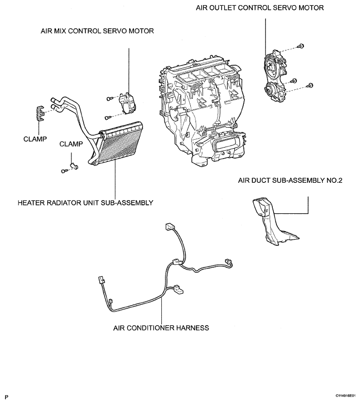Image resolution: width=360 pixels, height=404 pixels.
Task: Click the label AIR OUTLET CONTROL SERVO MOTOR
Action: click(260, 8)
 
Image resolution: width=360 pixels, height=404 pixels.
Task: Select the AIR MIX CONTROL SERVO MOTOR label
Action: click(97, 31)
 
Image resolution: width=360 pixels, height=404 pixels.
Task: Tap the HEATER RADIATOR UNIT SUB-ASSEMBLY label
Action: click(85, 203)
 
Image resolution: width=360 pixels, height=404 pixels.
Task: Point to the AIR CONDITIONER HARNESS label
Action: click(161, 328)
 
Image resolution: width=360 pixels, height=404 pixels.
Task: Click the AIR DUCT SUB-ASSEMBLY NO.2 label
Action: click(290, 180)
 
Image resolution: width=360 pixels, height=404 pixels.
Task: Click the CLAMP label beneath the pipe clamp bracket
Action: click(35, 139)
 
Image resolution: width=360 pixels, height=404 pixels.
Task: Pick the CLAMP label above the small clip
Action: click(71, 144)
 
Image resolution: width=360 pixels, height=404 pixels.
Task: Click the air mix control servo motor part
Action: click(127, 103)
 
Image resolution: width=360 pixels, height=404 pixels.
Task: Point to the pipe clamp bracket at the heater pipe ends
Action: click(40, 113)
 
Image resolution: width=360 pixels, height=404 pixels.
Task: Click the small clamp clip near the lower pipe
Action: click(74, 167)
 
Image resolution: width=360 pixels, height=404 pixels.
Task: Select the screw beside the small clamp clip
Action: click(64, 171)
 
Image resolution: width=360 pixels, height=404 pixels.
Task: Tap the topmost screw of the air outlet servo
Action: click(301, 46)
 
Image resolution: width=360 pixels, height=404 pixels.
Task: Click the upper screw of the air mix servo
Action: click(109, 98)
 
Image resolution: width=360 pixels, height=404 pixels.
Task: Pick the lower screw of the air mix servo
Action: click(108, 118)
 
